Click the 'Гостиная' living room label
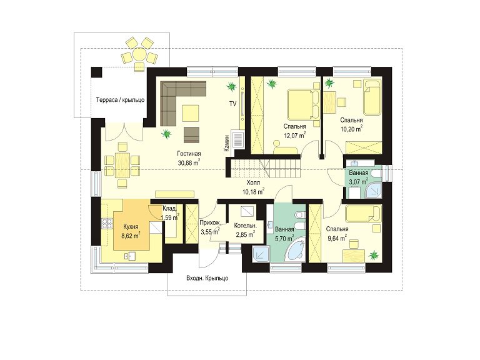pos(189,154)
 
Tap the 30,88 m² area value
pos(189,162)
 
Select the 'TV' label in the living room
pos(233,104)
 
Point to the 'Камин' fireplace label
pos(226,143)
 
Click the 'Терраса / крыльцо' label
pos(120,100)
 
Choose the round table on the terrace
pos(139,56)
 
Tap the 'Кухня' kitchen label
pos(131,227)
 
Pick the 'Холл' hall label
pos(254,183)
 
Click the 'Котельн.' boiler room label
pos(245,226)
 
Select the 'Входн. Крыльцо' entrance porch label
pos(207,279)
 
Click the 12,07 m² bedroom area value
pos(295,135)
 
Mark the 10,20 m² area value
pos(352,129)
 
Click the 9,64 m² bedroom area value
pos(337,238)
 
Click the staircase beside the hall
pos(266,168)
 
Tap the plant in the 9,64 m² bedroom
pos(374,255)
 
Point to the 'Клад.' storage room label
pos(169,209)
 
